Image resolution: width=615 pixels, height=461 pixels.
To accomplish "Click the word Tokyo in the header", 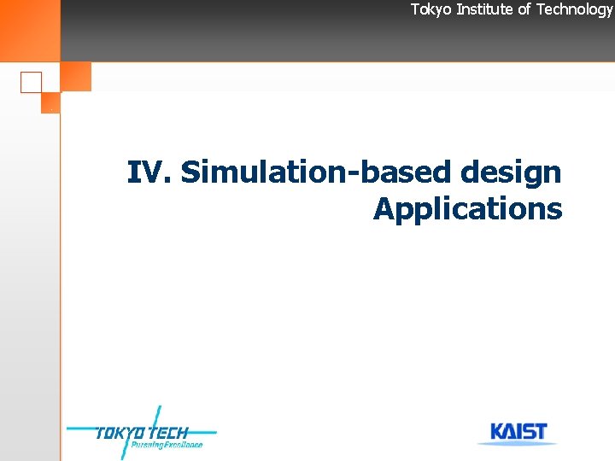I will pyautogui.click(x=430, y=9).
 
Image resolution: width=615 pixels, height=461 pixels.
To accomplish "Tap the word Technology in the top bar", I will pyautogui.click(x=574, y=9).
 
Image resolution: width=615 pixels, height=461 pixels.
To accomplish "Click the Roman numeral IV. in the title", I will pyautogui.click(x=150, y=172).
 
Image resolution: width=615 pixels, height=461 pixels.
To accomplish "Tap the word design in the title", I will pyautogui.click(x=510, y=172).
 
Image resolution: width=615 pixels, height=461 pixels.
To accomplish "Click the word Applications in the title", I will pyautogui.click(x=467, y=209).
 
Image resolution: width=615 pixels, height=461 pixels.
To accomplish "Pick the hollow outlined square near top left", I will pyautogui.click(x=32, y=82).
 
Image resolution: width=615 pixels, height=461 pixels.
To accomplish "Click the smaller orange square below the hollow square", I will pyautogui.click(x=50, y=102).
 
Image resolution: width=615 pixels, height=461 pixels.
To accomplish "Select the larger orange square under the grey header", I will pyautogui.click(x=76, y=77).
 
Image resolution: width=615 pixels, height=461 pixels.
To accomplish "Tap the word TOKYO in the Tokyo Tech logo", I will pyautogui.click(x=119, y=433).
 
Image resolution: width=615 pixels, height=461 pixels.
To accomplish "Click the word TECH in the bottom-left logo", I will pyautogui.click(x=167, y=433).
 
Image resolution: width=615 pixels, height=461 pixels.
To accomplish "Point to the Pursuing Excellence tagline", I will pyautogui.click(x=167, y=445).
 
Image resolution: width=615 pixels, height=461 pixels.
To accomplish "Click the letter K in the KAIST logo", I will pyautogui.click(x=498, y=432).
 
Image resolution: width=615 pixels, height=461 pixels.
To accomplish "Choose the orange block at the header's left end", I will pyautogui.click(x=30, y=30).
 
